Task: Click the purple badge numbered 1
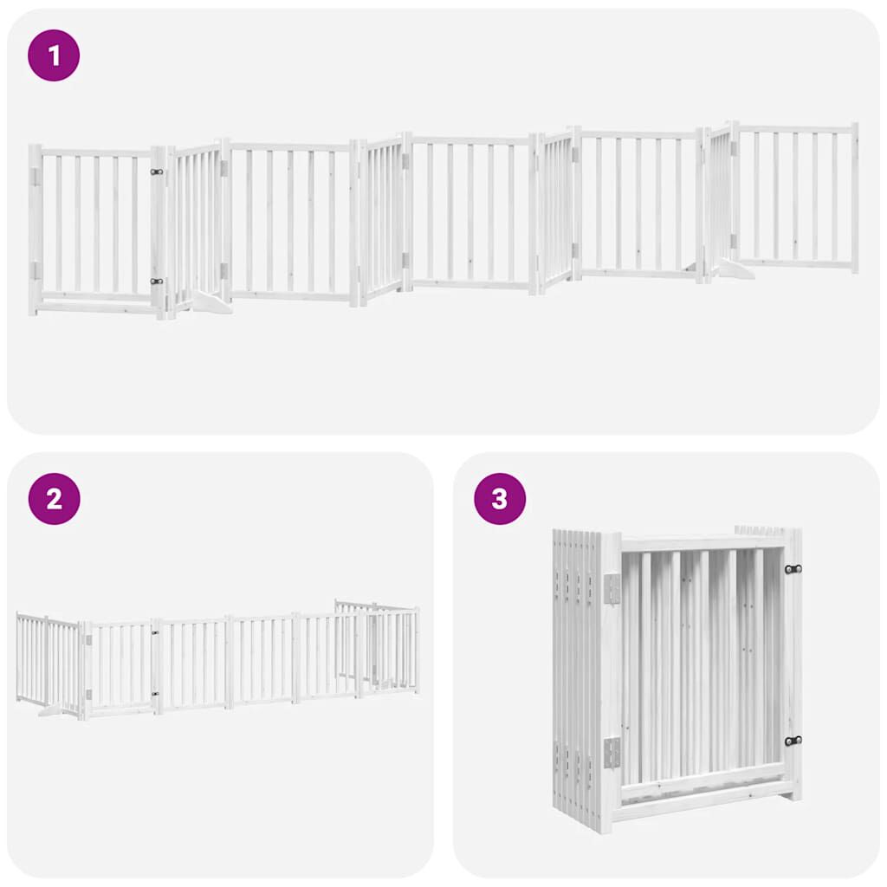54,55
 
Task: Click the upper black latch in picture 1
157,172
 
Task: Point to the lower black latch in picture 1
157,281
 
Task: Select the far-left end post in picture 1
35,230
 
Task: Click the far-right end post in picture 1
854,197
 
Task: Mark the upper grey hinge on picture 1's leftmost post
36,176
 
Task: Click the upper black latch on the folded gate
792,569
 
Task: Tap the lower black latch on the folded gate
792,740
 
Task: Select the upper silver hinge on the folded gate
612,589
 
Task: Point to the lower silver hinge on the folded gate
612,752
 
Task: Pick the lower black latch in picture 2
156,693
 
